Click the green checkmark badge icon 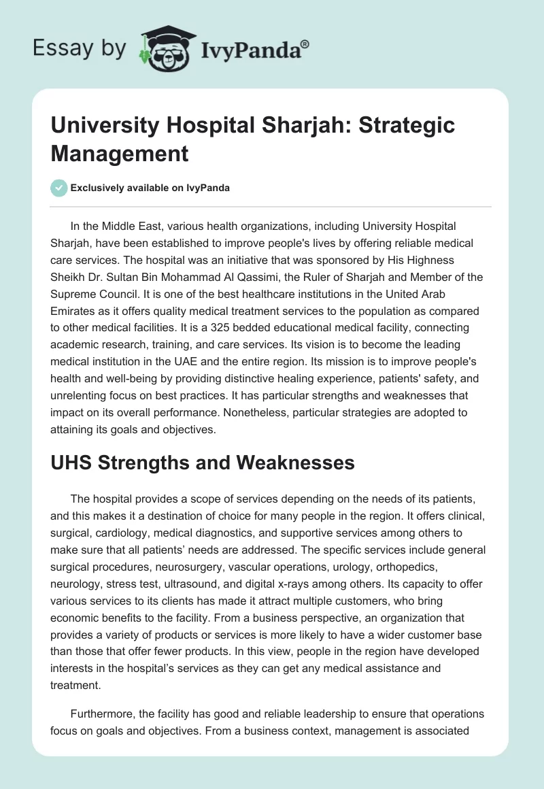click(59, 188)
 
